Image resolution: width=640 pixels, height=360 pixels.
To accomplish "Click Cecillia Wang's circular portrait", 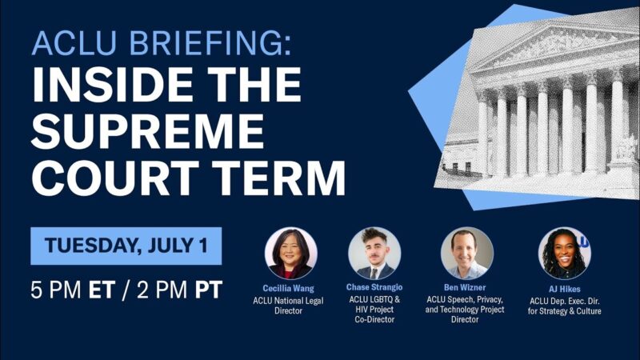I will [x=290, y=254].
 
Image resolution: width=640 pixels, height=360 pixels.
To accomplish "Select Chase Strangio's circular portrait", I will [x=374, y=254].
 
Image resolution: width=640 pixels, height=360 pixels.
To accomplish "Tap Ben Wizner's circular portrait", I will [x=466, y=254].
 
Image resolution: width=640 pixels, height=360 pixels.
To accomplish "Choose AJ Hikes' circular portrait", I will [x=564, y=254].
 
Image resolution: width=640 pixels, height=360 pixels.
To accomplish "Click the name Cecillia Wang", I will [x=290, y=288].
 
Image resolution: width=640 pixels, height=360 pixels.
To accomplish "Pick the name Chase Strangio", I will [x=374, y=288].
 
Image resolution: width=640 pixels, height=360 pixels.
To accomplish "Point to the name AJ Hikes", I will [x=564, y=288].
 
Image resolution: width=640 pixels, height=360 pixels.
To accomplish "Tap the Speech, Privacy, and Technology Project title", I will [x=466, y=310].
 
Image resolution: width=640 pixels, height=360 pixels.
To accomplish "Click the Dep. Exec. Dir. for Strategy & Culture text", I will [x=564, y=305].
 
